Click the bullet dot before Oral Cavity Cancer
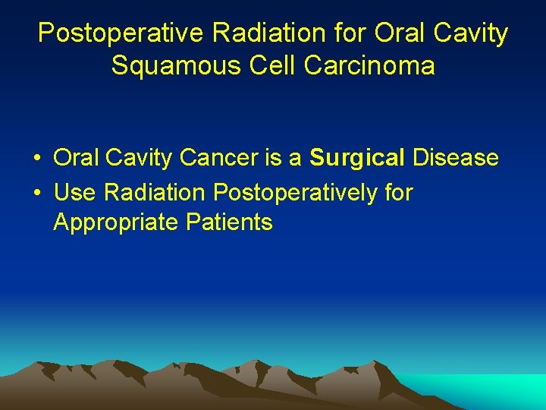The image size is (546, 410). coord(36,159)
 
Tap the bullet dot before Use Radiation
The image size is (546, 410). coord(36,194)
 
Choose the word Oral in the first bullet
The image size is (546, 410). coord(76,158)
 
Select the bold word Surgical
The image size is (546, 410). coord(357,158)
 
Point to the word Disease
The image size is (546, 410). coord(455,158)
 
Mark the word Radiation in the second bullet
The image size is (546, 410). coord(155,193)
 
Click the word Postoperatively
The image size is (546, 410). coord(295,193)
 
